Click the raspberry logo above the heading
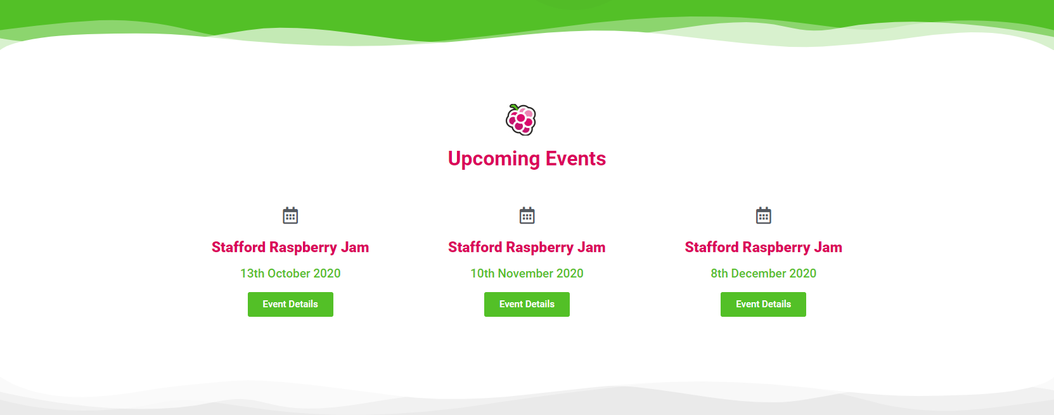point(521,120)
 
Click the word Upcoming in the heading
point(494,159)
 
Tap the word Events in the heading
point(575,158)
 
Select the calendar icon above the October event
point(290,215)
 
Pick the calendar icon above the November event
point(527,215)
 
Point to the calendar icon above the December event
point(763,215)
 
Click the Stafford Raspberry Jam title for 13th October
point(290,248)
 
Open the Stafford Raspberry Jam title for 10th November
point(527,248)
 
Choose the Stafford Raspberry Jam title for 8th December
point(763,248)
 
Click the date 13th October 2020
point(290,273)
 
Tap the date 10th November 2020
point(527,273)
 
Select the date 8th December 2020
point(763,273)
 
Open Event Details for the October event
point(290,304)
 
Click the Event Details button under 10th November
point(527,304)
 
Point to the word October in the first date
point(288,273)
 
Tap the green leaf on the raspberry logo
point(514,107)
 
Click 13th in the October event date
point(252,273)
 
